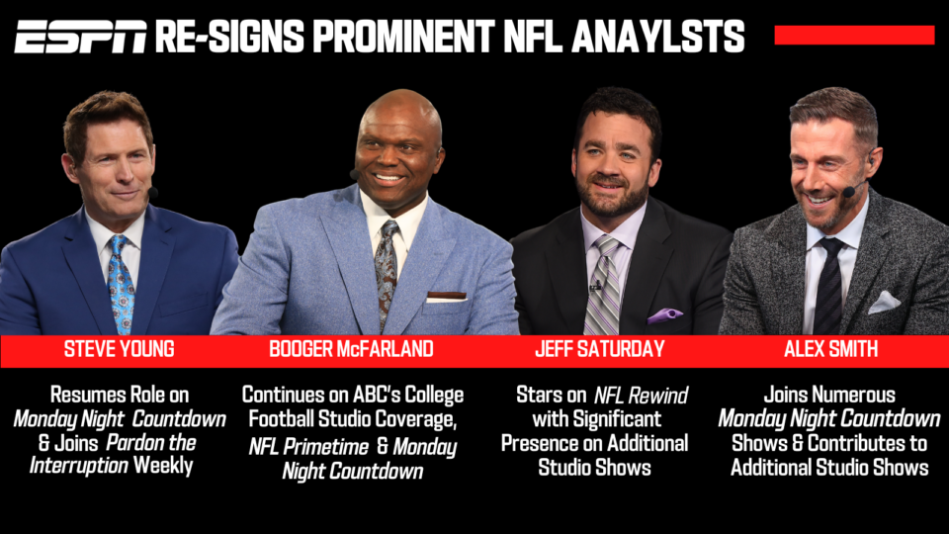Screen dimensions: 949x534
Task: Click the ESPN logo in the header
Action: click(x=80, y=37)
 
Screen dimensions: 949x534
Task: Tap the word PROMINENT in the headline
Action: click(x=403, y=37)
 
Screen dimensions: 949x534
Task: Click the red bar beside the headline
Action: click(x=854, y=35)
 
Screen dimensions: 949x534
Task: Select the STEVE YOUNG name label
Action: click(x=120, y=349)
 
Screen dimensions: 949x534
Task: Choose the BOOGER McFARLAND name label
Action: click(x=351, y=349)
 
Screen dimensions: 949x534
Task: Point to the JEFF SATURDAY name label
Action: click(x=600, y=349)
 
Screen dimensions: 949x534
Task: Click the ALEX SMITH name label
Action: click(x=831, y=349)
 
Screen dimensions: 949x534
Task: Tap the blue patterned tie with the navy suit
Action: click(x=121, y=285)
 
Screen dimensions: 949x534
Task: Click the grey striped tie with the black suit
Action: click(x=602, y=286)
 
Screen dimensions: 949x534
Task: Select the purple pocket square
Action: click(x=664, y=314)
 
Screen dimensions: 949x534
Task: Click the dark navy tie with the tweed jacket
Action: click(x=828, y=286)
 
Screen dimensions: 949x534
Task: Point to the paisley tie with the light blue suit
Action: click(x=387, y=273)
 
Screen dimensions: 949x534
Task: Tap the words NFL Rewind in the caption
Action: click(x=641, y=396)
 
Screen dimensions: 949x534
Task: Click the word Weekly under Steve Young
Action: click(x=163, y=466)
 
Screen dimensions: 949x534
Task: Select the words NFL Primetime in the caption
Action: click(x=308, y=447)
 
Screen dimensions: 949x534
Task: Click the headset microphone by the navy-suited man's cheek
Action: click(x=152, y=193)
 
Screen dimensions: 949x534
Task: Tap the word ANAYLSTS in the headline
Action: click(x=658, y=37)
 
